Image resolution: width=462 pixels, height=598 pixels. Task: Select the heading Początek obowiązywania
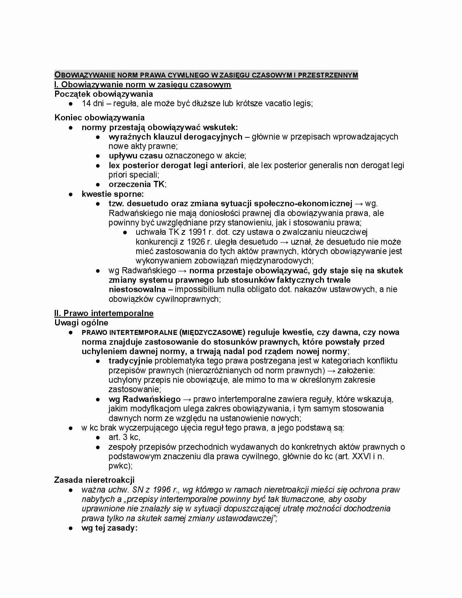[104, 94]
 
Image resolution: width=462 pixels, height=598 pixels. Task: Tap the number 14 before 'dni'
[86, 103]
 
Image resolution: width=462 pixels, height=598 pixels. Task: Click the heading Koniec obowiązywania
[99, 117]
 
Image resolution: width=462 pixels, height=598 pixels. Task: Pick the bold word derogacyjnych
[213, 137]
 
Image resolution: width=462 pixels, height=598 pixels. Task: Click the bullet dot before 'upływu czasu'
[98, 156]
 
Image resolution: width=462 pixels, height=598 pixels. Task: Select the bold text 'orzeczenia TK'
[137, 184]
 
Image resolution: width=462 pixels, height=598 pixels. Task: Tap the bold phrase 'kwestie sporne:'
[113, 194]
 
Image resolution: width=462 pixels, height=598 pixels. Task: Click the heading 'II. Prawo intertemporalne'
[104, 313]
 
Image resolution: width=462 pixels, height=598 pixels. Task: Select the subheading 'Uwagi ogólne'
[81, 323]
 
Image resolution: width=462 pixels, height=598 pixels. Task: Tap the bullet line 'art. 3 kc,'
[124, 437]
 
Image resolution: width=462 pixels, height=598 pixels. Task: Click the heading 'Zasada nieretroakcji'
[94, 480]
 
